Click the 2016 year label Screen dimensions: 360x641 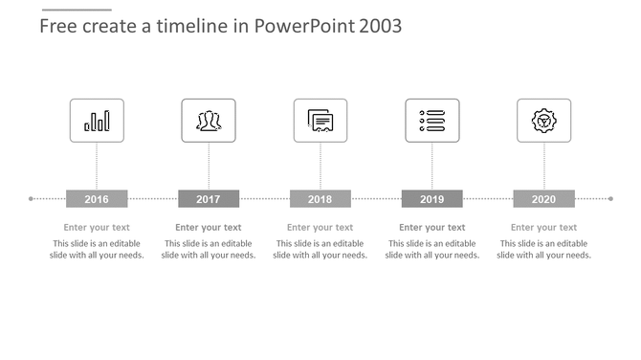[97, 199]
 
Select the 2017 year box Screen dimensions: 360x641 [209, 199]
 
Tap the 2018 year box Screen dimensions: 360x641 [320, 199]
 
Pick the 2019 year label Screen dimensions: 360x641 [431, 199]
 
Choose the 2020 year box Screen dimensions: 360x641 [543, 199]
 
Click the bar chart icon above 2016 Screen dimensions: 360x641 [97, 121]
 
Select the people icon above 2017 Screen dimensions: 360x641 [209, 121]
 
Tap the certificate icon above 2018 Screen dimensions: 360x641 [320, 121]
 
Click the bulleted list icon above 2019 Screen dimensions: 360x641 [432, 121]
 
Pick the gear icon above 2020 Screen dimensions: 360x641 [543, 121]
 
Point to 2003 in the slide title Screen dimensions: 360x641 [380, 26]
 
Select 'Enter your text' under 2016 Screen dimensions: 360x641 [97, 228]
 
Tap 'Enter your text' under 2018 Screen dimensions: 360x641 [320, 228]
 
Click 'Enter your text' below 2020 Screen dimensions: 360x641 [543, 228]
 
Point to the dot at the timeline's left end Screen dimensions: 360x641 [32, 199]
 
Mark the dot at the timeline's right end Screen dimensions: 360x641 [610, 199]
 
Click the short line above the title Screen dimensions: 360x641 [77, 9]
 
